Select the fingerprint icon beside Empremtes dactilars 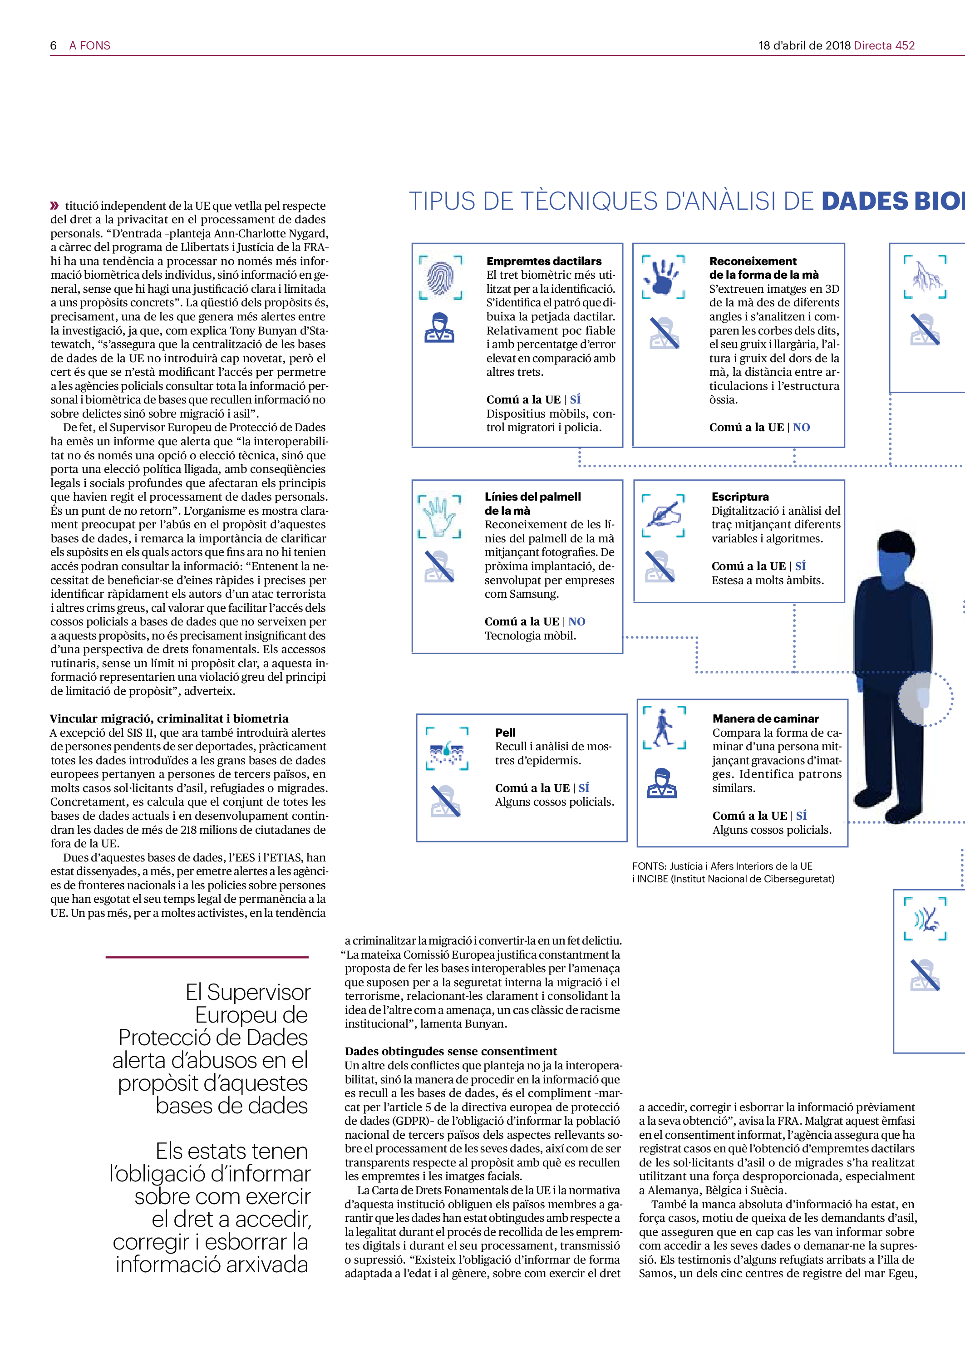pyautogui.click(x=440, y=276)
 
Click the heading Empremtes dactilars pyautogui.click(x=544, y=261)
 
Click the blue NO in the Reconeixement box pyautogui.click(x=801, y=427)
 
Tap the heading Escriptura pyautogui.click(x=740, y=497)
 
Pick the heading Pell pyautogui.click(x=505, y=733)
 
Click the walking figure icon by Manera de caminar pyautogui.click(x=664, y=728)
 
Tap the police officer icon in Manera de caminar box pyautogui.click(x=661, y=783)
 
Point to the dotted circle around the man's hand pyautogui.click(x=925, y=699)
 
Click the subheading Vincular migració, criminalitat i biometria pyautogui.click(x=169, y=718)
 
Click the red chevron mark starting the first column pyautogui.click(x=54, y=206)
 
